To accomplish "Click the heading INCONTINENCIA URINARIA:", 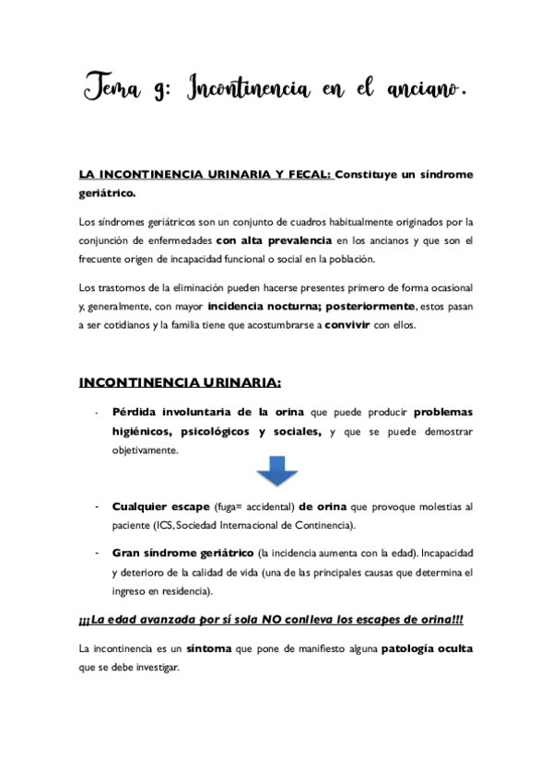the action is point(179,382).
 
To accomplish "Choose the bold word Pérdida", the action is point(136,413).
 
